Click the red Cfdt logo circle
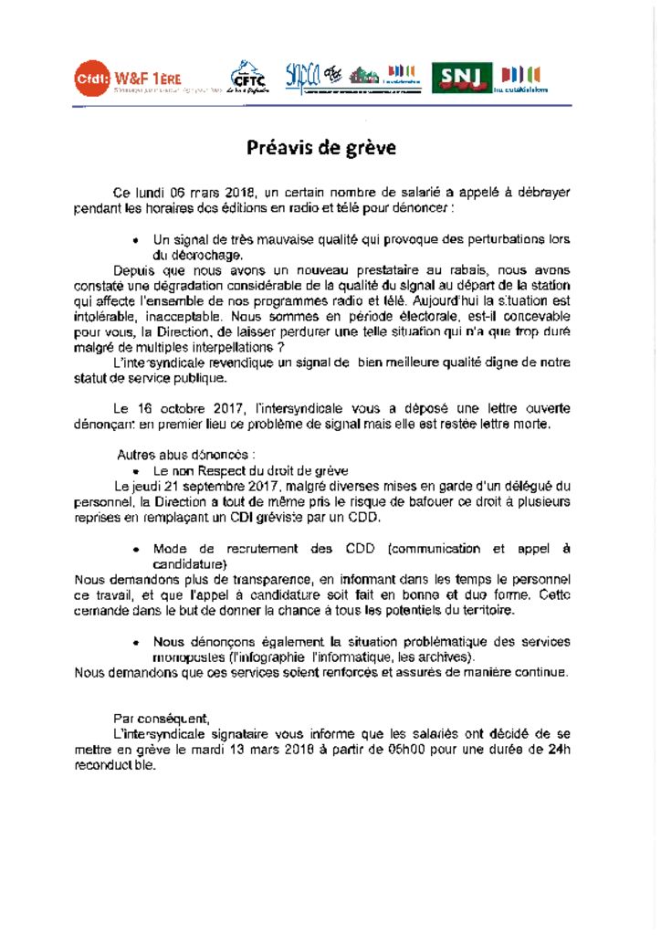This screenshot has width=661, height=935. (91, 79)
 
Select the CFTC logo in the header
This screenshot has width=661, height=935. (243, 77)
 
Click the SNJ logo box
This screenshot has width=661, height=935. (461, 78)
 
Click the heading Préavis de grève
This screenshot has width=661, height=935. (320, 148)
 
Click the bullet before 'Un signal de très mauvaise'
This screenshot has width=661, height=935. (135, 240)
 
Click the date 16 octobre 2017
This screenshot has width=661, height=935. (190, 408)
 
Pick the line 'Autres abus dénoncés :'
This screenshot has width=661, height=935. (185, 455)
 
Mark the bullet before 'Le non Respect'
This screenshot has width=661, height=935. (135, 471)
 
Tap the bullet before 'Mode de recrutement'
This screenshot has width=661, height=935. (135, 550)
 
